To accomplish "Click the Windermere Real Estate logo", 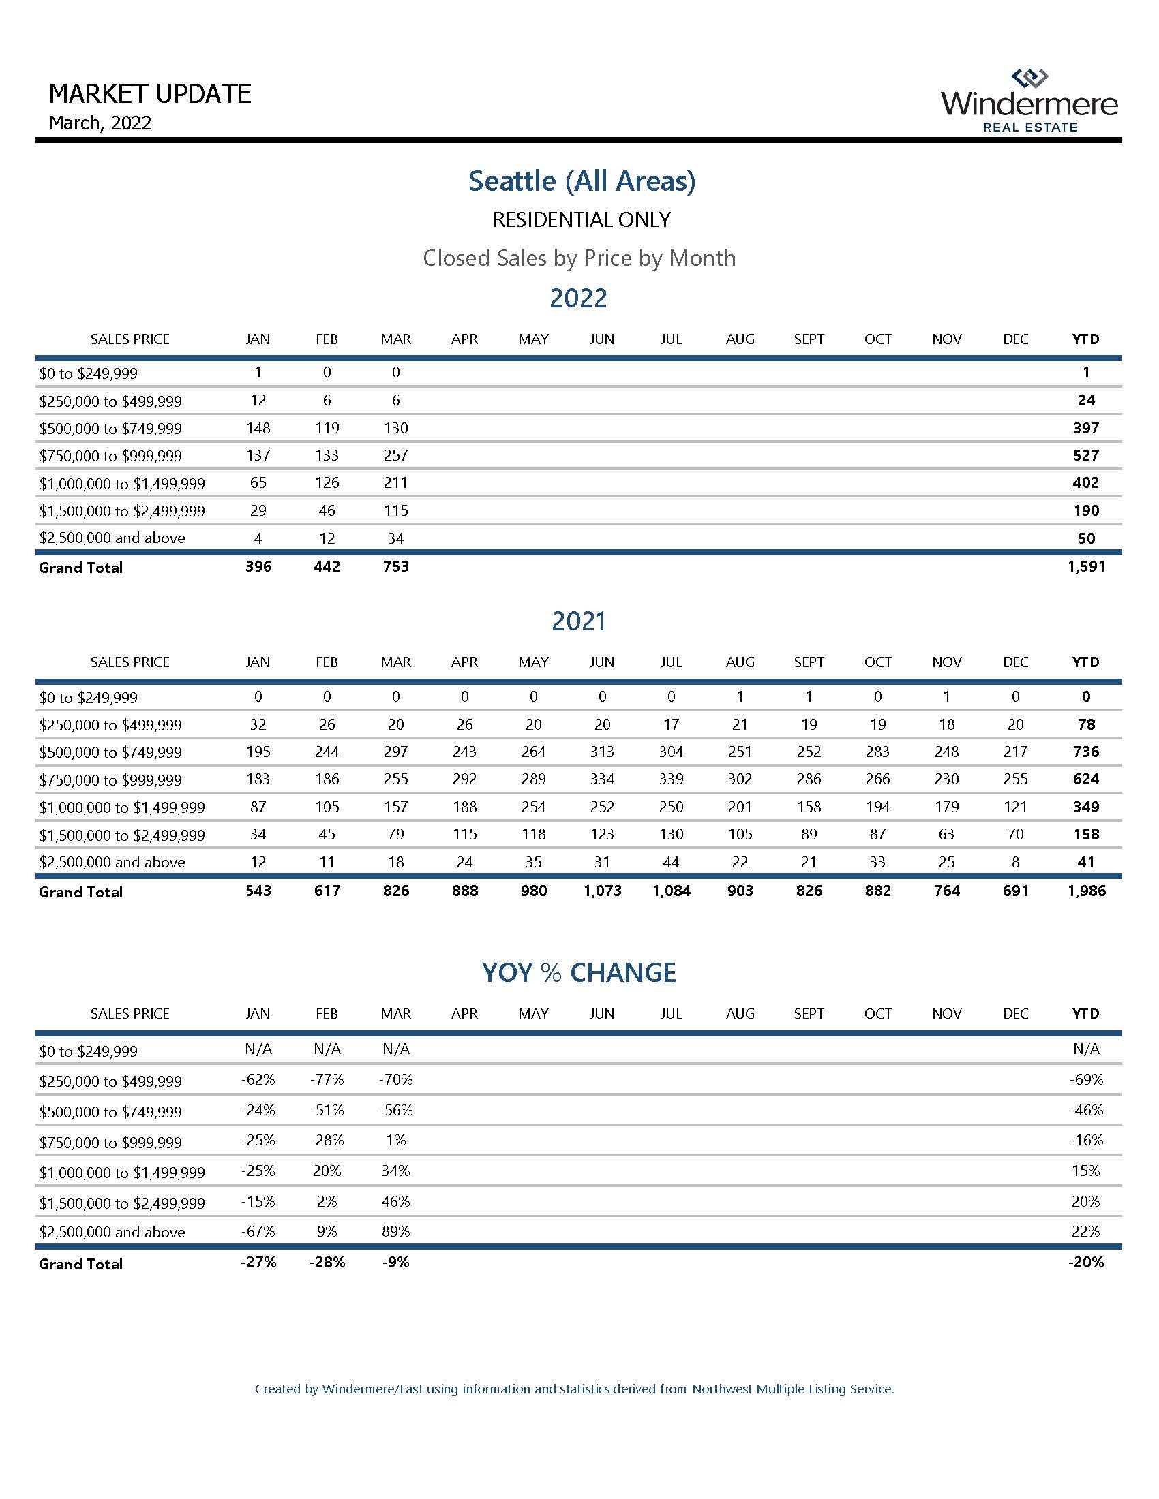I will click(1029, 101).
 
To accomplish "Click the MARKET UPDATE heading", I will click(150, 93).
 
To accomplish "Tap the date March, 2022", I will click(100, 123).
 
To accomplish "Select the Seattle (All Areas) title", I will click(581, 181).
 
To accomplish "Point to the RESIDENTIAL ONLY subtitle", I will click(581, 219).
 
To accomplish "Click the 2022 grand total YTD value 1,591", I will click(1086, 567).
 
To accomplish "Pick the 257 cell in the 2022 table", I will click(395, 455).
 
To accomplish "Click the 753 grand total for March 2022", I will click(395, 567).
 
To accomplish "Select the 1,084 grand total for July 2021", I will click(671, 891).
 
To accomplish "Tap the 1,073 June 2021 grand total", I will click(601, 891).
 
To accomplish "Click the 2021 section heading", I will click(578, 621).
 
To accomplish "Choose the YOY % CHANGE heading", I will click(579, 972).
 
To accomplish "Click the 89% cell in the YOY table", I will click(395, 1231).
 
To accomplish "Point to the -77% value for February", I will click(327, 1080).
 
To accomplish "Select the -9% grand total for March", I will click(395, 1262).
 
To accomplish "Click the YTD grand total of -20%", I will click(1086, 1262).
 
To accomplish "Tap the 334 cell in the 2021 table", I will click(601, 779).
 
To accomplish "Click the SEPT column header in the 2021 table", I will click(808, 662).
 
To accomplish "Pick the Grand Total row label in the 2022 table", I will click(81, 568).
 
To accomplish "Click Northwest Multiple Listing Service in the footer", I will click(792, 1389).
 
